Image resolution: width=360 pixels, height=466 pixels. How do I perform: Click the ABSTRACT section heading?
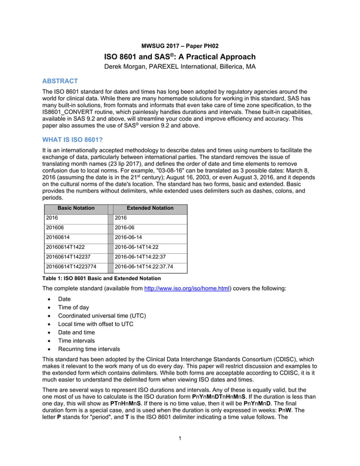click(60, 81)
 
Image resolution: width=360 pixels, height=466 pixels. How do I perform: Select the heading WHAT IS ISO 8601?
click(72, 139)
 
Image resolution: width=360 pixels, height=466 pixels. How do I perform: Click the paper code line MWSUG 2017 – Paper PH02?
click(179, 45)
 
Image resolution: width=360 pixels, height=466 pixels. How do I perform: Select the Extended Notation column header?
click(150, 208)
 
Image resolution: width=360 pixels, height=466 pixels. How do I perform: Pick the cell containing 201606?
click(55, 228)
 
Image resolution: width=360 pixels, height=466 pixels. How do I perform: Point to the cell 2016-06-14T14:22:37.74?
click(143, 267)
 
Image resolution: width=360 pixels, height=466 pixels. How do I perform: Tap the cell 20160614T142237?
click(68, 257)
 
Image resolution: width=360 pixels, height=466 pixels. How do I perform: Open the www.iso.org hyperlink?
click(187, 288)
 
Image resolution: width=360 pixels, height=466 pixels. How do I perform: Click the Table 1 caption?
click(102, 278)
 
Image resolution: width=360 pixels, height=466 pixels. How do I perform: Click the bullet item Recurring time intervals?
click(89, 349)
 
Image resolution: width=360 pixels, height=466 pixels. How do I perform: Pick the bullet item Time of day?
click(73, 308)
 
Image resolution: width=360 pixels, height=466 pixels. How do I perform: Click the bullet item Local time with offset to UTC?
click(95, 324)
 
